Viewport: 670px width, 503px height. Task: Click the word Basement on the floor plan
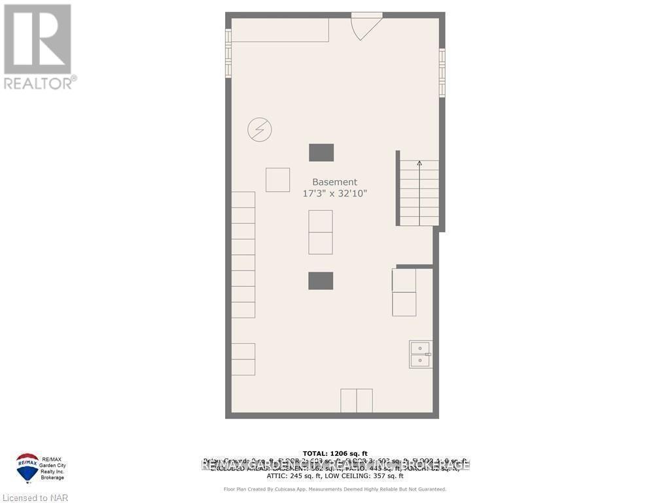tap(334, 182)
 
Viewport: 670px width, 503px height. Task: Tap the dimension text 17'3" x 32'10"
tap(334, 194)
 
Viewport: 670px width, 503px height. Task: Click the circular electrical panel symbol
tap(259, 130)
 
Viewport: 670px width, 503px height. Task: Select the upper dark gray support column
tap(321, 153)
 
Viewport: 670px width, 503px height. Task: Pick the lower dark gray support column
tap(321, 281)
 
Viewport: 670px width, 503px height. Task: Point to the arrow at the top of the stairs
tap(419, 164)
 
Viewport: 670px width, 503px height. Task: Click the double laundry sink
tap(420, 354)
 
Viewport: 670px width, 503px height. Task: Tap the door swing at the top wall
tap(364, 26)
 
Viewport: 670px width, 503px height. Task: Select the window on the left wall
tap(228, 53)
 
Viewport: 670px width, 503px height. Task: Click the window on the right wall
tap(442, 73)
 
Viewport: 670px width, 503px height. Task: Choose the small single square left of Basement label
tap(277, 180)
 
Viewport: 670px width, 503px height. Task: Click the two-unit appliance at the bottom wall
tap(357, 401)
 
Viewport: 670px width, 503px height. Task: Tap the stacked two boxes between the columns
tap(321, 232)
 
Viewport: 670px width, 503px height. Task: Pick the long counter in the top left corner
tap(280, 30)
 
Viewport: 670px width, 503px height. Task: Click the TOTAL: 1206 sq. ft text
tap(335, 453)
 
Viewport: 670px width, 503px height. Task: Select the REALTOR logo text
tap(39, 83)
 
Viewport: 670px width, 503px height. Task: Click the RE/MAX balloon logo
tap(27, 467)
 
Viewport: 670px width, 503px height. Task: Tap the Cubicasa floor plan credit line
tap(335, 489)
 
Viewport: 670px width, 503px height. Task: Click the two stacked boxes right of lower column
tap(404, 292)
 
